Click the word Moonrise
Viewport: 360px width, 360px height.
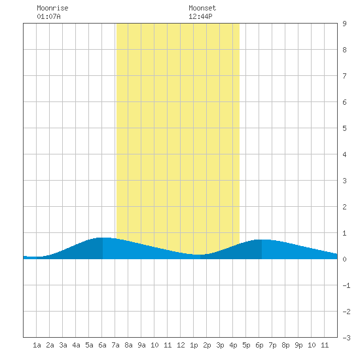[x=52, y=8]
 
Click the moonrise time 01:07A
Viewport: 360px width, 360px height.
[x=48, y=16]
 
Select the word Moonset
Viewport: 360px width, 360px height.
[x=202, y=8]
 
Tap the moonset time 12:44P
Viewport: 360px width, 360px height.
[x=200, y=16]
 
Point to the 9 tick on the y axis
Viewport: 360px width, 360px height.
[x=344, y=24]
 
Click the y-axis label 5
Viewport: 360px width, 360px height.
[x=344, y=128]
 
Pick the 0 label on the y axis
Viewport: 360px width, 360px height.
[x=344, y=259]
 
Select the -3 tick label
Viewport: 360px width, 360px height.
[x=346, y=338]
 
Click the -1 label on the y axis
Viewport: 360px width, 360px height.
[x=346, y=285]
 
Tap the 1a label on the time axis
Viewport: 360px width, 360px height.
[x=37, y=345]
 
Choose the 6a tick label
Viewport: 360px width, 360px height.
[x=102, y=345]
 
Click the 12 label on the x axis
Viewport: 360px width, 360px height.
[x=181, y=345]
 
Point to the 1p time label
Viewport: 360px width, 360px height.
[x=194, y=345]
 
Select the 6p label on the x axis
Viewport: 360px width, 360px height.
[x=259, y=345]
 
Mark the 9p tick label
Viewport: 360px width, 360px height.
[x=298, y=345]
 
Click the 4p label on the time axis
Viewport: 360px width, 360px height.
[x=233, y=345]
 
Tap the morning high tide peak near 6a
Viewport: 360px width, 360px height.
[x=103, y=238]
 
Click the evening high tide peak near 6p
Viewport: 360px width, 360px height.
[x=262, y=240]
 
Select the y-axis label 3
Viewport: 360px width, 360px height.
[x=344, y=181]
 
